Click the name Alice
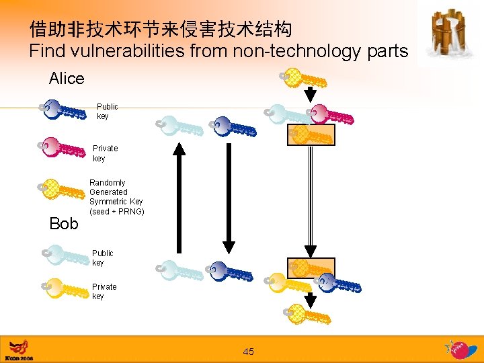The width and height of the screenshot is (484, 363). [x=67, y=79]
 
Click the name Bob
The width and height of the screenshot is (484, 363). [x=64, y=223]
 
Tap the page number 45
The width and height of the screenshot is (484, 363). [x=249, y=352]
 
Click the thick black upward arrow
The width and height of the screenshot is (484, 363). [x=179, y=198]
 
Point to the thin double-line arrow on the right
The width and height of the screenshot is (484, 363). [x=310, y=202]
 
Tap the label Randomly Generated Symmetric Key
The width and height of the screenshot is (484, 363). [x=116, y=197]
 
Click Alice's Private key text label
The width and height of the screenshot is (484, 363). [x=105, y=153]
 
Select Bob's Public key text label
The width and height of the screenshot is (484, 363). [x=103, y=258]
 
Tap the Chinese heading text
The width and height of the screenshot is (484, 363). [x=161, y=29]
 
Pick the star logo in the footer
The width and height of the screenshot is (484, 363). [x=460, y=349]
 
